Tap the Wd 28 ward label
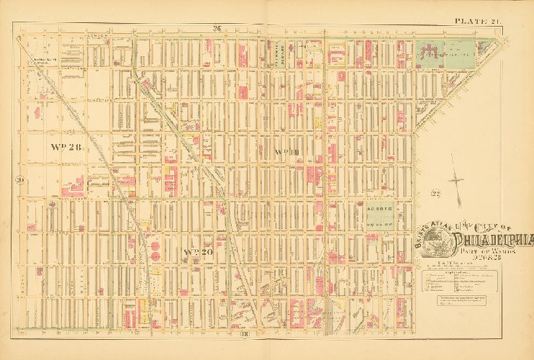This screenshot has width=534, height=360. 67,146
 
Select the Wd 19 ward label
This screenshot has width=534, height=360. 287,150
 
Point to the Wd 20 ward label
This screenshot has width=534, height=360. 201,252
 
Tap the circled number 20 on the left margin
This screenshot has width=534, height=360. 20,179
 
